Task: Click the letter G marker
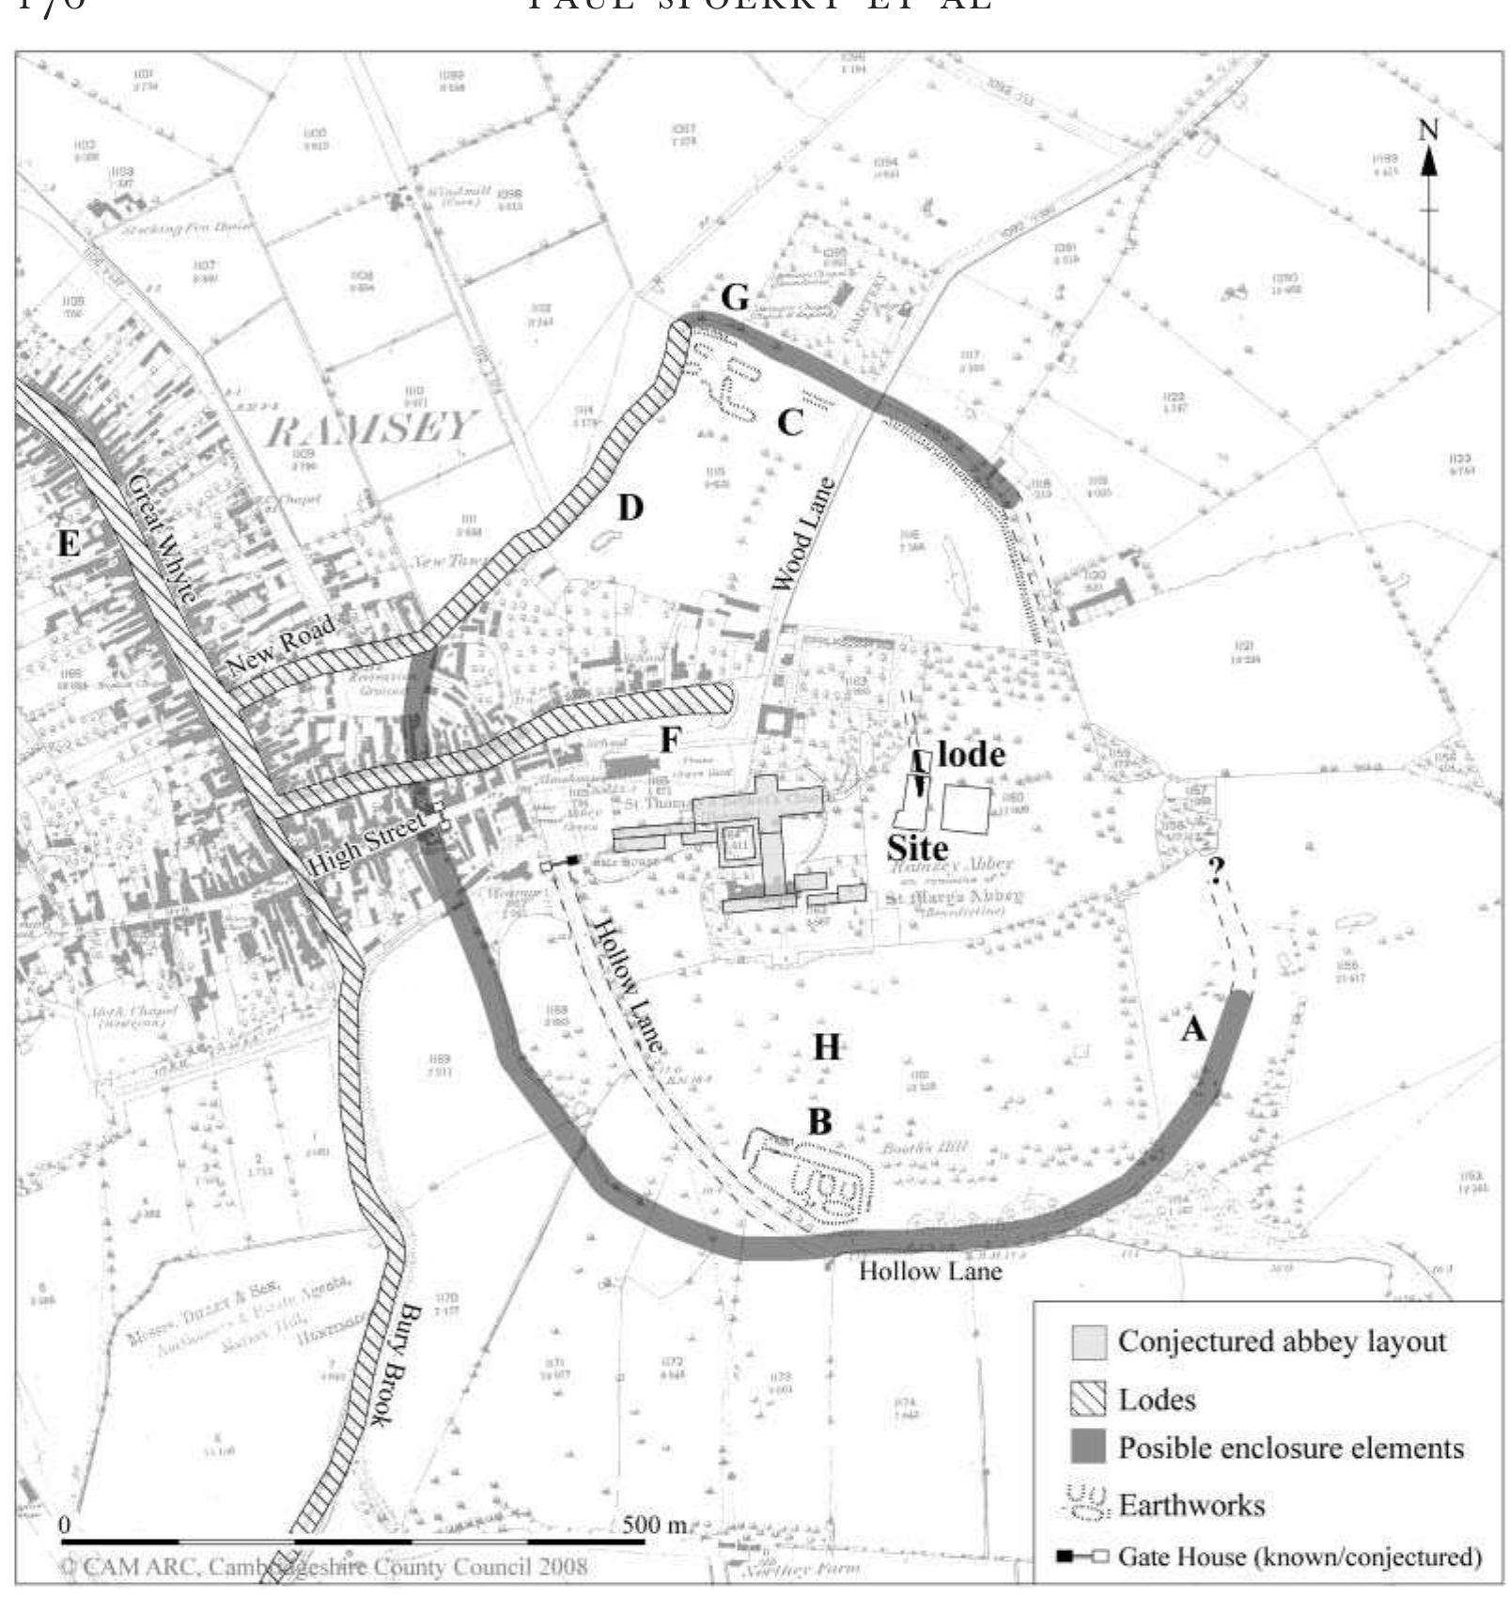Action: (x=735, y=298)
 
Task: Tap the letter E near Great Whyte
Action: (x=68, y=542)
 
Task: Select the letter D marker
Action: (x=630, y=509)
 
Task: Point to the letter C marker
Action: (x=790, y=424)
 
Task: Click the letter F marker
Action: (x=669, y=740)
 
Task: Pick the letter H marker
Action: (x=826, y=1046)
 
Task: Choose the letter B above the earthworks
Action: (x=819, y=1120)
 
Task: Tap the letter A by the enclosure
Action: (x=1192, y=1029)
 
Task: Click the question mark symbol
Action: (x=1216, y=871)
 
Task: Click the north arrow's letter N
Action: (x=1428, y=130)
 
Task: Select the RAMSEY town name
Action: (x=368, y=429)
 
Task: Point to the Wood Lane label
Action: (x=802, y=535)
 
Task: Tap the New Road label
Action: (x=280, y=648)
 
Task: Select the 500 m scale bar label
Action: (x=655, y=1524)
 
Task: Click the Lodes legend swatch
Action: (x=1088, y=1399)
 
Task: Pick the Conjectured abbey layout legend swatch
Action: (x=1088, y=1341)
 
